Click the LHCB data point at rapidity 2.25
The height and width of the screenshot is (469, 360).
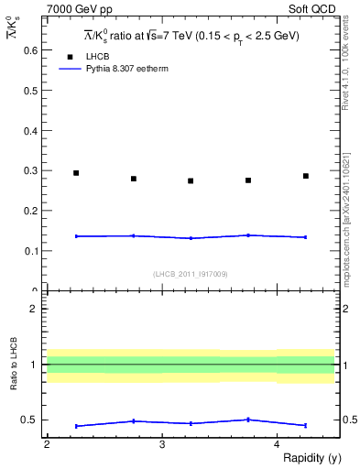coord(76,173)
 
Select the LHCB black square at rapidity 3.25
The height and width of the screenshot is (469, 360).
coord(191,180)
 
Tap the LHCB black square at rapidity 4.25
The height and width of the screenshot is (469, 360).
coord(306,176)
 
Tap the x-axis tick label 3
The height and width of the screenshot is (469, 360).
coord(161,444)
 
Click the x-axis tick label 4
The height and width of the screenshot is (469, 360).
coord(277,444)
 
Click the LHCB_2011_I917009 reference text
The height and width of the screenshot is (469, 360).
coord(191,273)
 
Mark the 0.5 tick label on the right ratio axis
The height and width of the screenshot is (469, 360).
coord(349,420)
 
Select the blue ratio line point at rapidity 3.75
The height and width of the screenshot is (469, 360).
coord(248,420)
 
